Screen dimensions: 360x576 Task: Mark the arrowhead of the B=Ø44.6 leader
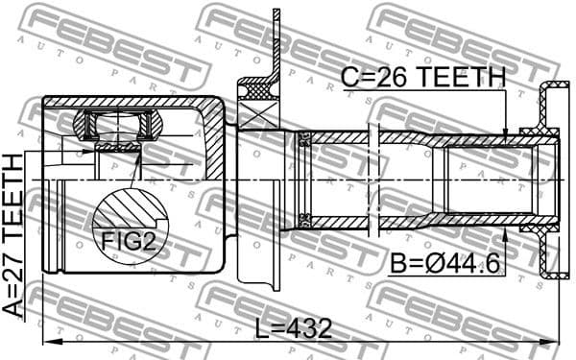(506, 227)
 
